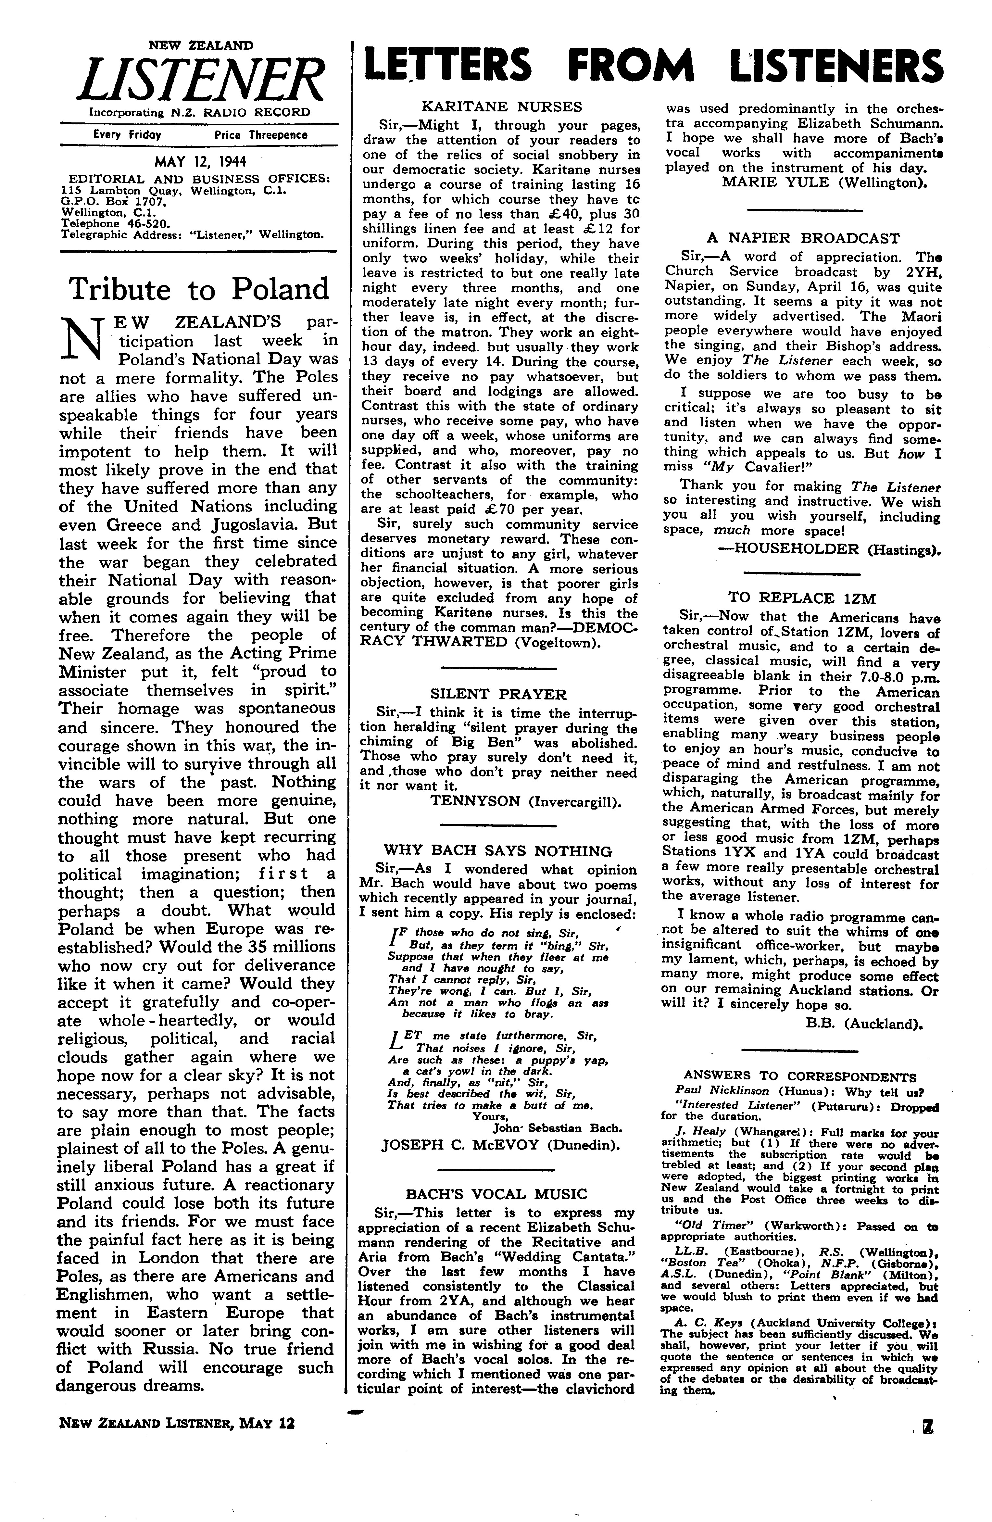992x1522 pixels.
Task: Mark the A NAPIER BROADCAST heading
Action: tap(803, 239)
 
